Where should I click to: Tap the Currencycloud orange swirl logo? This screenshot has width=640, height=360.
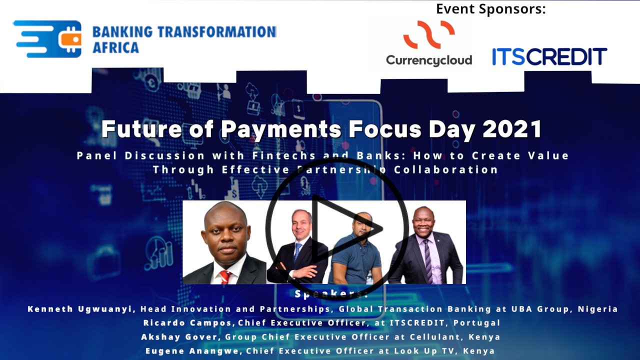429,34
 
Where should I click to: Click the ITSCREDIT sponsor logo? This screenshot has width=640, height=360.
549,56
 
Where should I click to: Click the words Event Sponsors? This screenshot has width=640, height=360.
491,8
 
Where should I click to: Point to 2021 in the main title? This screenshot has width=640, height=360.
512,129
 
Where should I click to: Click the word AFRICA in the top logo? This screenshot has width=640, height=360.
115,48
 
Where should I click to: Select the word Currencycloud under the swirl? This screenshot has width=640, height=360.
429,60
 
